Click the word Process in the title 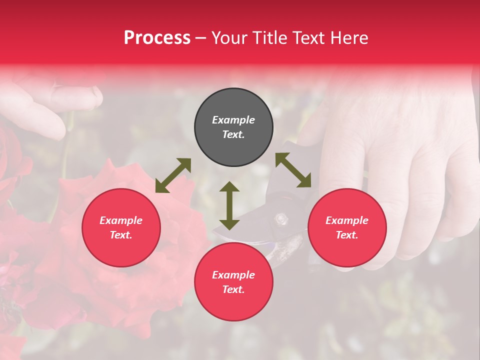click(157, 38)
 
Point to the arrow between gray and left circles click(173, 175)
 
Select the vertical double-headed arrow click(229, 205)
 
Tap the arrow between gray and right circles click(293, 170)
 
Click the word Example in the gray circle click(233, 120)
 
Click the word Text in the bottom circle click(233, 289)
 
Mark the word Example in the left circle click(121, 220)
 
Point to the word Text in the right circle click(347, 235)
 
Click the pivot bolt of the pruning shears click(281, 218)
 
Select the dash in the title click(201, 38)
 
